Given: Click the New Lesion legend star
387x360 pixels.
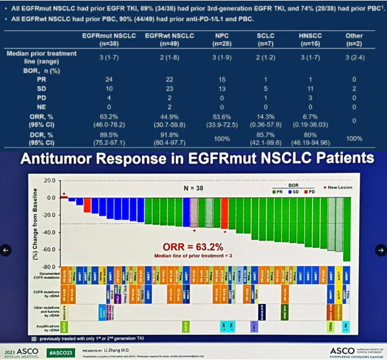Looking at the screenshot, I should (x=326, y=187).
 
